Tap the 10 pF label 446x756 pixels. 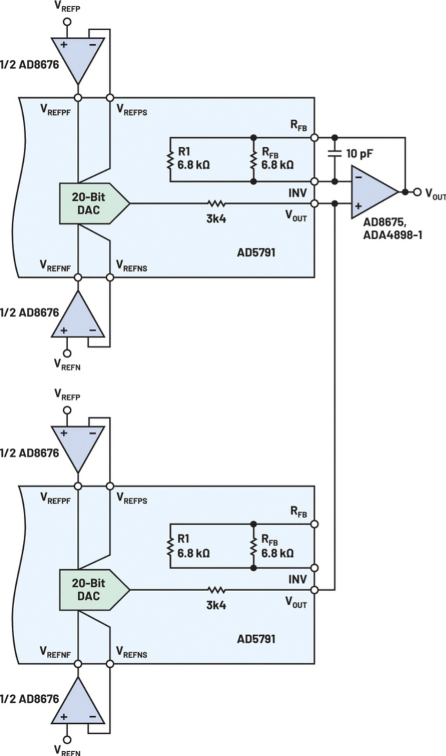360,154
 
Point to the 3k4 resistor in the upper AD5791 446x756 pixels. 216,203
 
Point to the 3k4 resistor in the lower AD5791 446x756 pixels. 216,590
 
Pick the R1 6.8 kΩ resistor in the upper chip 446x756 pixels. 170,160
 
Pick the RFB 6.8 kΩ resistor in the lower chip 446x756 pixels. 254,546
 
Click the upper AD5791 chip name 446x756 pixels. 256,253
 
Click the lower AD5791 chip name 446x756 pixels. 256,639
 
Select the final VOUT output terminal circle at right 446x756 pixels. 417,192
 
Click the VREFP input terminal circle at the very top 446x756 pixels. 67,22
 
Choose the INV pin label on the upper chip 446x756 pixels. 298,193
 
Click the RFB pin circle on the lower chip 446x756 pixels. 314,524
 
